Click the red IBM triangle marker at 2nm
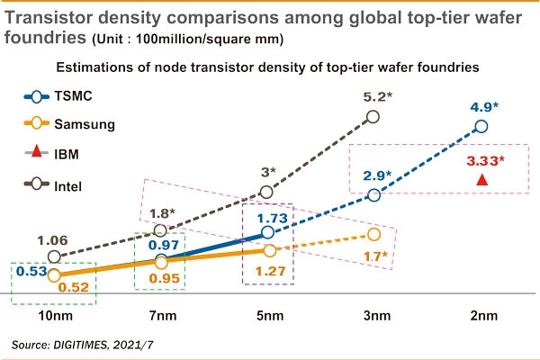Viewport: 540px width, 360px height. (x=481, y=180)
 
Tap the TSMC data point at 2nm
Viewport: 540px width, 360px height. (x=481, y=126)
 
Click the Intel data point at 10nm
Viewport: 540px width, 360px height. (x=53, y=256)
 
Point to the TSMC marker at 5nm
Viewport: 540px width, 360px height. (x=267, y=233)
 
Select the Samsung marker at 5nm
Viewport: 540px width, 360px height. (x=267, y=250)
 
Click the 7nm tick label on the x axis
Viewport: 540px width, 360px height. (x=160, y=318)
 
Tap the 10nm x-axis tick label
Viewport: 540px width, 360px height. (x=53, y=318)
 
